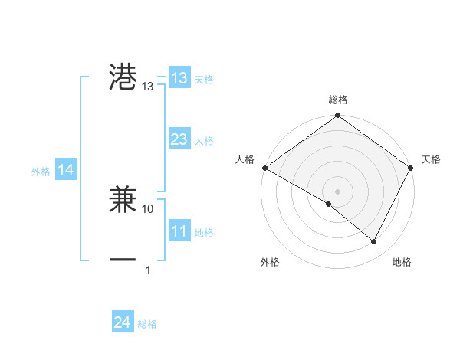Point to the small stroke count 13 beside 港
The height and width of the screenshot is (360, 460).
pos(148,87)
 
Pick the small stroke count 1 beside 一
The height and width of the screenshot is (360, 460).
pos(148,270)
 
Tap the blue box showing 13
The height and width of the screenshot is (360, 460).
pos(179,78)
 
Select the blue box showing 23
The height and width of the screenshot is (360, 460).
pos(179,139)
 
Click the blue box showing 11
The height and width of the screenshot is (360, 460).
pos(179,231)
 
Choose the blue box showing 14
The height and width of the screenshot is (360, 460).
pos(66,171)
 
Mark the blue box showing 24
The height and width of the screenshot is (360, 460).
pos(122,322)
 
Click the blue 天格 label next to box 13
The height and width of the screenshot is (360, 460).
pos(203,80)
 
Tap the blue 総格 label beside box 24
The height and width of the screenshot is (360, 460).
pos(147,324)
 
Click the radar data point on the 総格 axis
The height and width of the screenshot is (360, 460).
pos(337,116)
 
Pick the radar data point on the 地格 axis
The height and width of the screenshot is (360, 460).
pos(374,242)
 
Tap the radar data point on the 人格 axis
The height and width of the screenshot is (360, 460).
pos(264,168)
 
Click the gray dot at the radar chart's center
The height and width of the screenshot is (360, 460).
pos(337,191)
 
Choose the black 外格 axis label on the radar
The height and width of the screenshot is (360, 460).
pos(270,262)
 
